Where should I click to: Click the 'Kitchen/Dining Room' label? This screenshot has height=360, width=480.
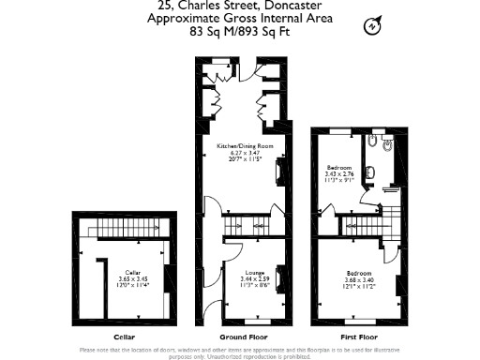pos(246,147)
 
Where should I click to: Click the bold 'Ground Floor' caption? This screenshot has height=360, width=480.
pos(246,337)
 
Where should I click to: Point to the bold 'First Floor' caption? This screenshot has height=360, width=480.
pos(357,337)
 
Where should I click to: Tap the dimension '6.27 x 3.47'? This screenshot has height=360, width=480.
pos(246,154)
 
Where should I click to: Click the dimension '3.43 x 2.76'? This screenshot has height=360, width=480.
pos(338,173)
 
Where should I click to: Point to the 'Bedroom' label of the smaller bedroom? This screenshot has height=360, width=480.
pos(338,167)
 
